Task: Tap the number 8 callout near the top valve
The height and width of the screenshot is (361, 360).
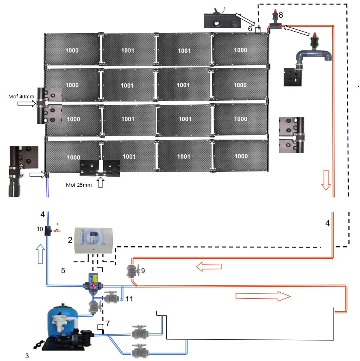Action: click(x=281, y=15)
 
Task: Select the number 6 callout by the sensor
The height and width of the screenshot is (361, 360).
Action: click(x=250, y=29)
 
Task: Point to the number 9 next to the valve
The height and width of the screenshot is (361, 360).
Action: click(x=143, y=271)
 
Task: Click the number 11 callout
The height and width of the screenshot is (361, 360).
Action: click(x=129, y=299)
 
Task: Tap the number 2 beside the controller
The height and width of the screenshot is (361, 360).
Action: click(x=70, y=240)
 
